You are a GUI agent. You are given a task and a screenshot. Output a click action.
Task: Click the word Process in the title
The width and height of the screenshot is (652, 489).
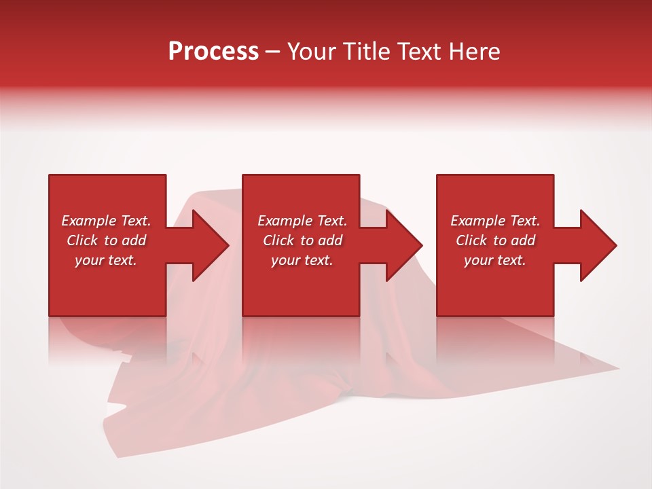point(213,52)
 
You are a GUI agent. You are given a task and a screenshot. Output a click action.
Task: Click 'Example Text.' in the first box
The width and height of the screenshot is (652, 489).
point(106,221)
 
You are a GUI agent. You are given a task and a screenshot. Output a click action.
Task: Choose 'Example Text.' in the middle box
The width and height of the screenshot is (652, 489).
point(302,221)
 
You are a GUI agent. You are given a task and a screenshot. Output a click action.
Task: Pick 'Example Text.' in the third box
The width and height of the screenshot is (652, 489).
point(495,221)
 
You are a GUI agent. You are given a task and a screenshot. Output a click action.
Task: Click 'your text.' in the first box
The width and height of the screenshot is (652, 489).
point(106,260)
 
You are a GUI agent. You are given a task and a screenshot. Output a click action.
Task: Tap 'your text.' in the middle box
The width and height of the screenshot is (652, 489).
point(302,260)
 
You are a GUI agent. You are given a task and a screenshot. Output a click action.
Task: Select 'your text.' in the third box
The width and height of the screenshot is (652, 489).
point(495,260)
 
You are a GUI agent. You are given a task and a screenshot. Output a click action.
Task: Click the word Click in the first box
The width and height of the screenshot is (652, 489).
point(82,240)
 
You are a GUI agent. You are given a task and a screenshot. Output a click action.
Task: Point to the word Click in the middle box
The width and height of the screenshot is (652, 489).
point(278,240)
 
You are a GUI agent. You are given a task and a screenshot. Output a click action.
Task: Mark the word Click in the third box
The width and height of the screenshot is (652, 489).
point(471,240)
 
